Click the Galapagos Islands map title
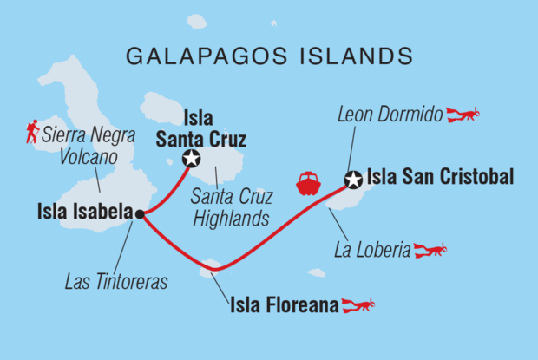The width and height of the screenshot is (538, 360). pos(269,56)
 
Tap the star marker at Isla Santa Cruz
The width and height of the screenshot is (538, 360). pos(191,158)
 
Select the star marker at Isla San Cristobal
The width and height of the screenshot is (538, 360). pos(353,180)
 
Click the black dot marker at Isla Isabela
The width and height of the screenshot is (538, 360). pos(139,213)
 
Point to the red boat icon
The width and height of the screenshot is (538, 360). pos(309,183)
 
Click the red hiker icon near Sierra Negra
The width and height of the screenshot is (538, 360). pos(32,132)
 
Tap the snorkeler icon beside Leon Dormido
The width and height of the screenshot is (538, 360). pos(463,114)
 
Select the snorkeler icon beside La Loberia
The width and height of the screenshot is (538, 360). pos(430,251)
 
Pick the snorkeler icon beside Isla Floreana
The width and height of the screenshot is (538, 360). pos(358,304)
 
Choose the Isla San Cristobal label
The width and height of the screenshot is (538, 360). pos(441,178)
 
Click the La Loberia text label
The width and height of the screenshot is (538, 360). pos(371,252)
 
